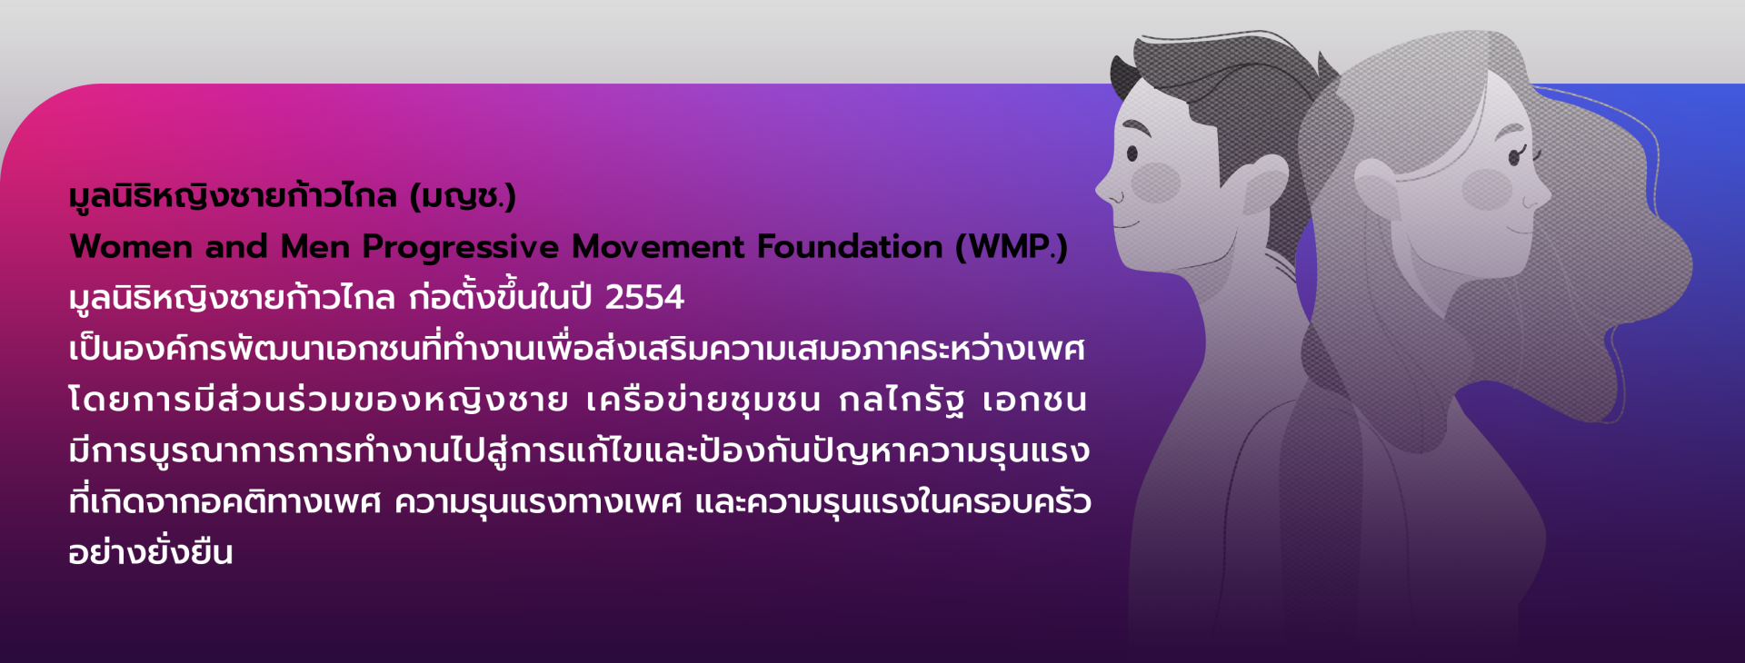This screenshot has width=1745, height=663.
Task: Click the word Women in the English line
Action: point(131,247)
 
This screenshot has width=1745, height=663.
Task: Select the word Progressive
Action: point(461,248)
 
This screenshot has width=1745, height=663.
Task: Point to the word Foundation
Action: point(851,247)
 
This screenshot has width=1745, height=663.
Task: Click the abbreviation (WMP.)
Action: point(1012,247)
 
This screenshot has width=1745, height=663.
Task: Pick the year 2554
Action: point(644,298)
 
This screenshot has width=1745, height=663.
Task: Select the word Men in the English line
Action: point(314,247)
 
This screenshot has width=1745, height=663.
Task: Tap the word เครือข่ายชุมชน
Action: point(703,400)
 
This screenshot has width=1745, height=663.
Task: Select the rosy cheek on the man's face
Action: point(1155,182)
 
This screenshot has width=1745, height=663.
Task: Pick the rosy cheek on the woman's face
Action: point(1487,189)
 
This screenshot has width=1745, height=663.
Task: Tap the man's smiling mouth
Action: point(1126,222)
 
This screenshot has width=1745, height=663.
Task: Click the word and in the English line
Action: point(236,247)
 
